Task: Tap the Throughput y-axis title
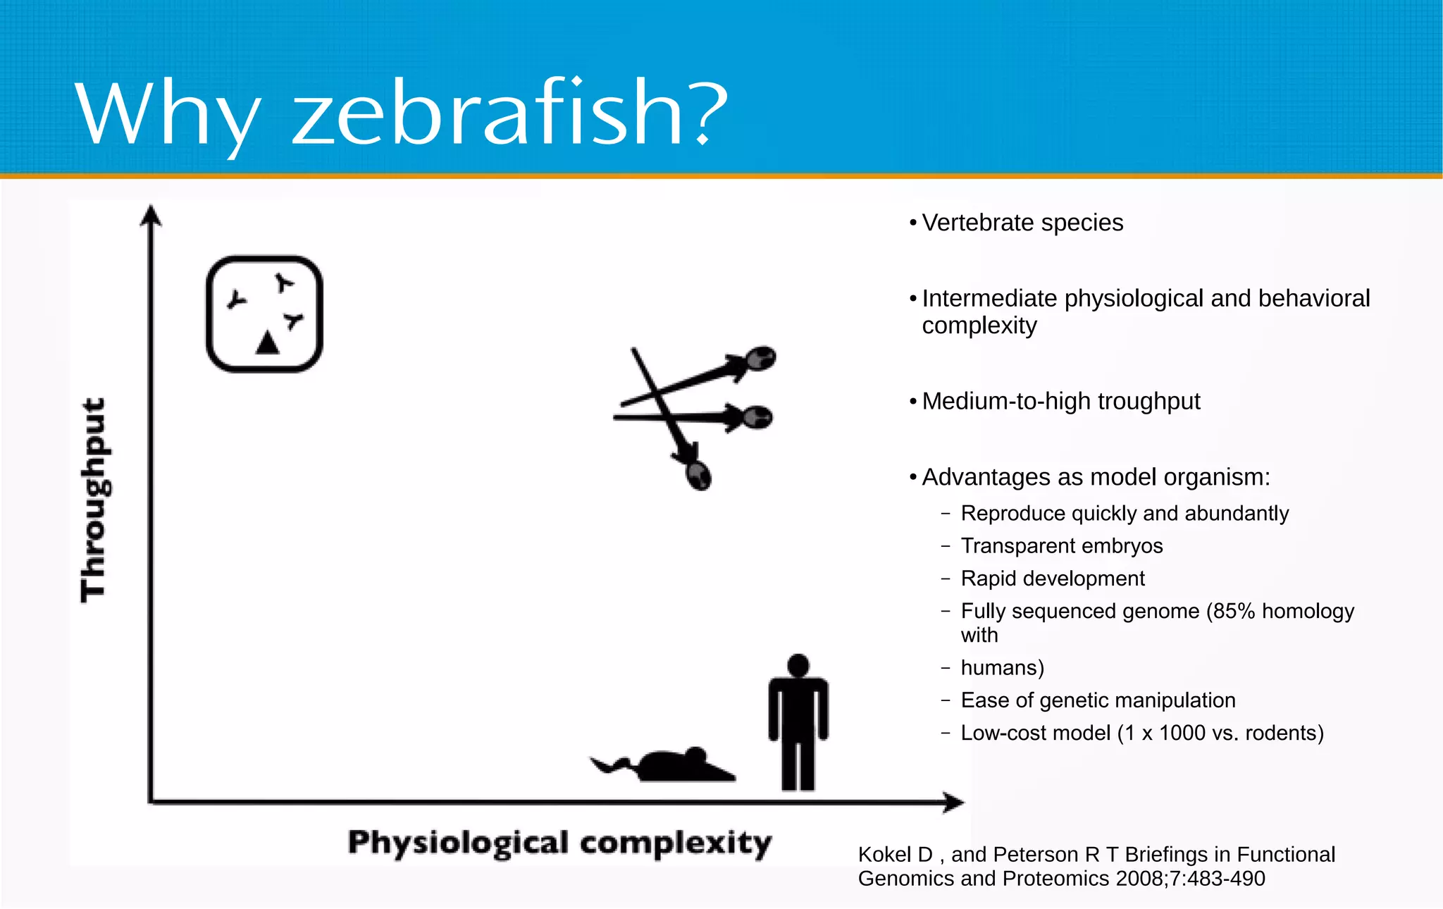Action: (94, 500)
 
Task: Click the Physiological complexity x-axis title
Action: (559, 843)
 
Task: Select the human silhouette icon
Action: (798, 722)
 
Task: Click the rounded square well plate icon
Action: (264, 314)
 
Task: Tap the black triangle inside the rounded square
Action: (267, 343)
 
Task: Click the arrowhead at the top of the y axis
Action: (151, 214)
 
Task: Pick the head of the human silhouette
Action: (798, 664)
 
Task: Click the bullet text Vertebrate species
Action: (1022, 223)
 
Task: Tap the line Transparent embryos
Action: (1061, 546)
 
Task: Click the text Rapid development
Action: (1053, 579)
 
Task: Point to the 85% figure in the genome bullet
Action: (1234, 611)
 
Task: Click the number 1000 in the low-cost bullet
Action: (1182, 733)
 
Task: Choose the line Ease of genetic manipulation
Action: (1098, 700)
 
